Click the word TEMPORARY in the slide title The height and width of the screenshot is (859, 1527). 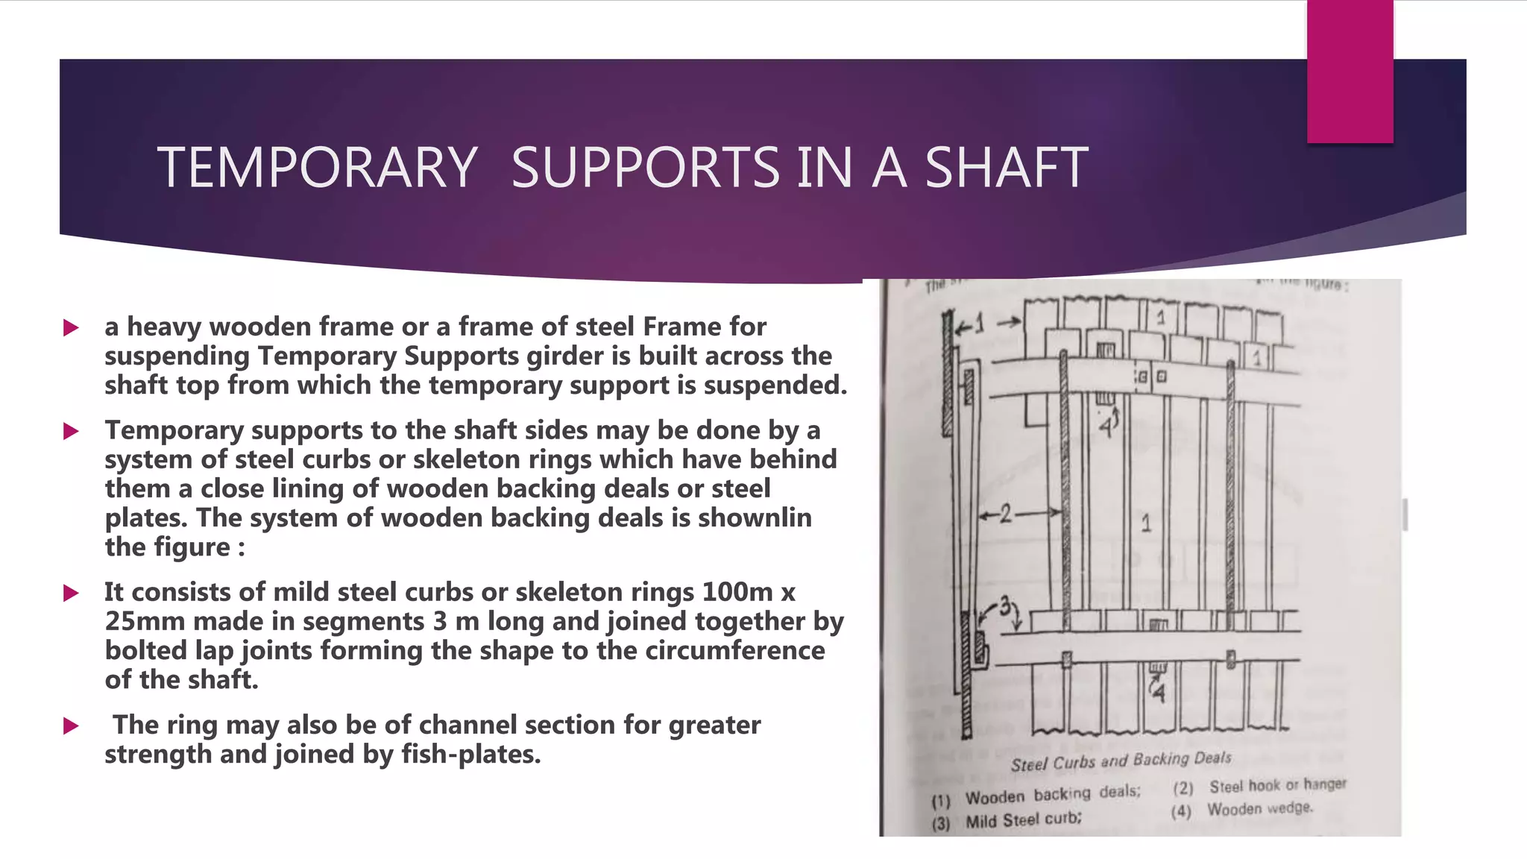pyautogui.click(x=317, y=167)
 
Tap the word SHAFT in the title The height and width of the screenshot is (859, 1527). pyautogui.click(x=1007, y=167)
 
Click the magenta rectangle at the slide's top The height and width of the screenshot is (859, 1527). pyautogui.click(x=1350, y=72)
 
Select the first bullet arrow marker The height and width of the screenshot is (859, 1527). pyautogui.click(x=72, y=327)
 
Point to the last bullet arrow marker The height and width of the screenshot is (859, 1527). pyautogui.click(x=72, y=726)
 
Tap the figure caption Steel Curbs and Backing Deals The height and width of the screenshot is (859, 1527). pyautogui.click(x=1121, y=761)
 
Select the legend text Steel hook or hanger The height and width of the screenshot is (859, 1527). pyautogui.click(x=1277, y=785)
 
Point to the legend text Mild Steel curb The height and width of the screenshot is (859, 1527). pyautogui.click(x=1023, y=820)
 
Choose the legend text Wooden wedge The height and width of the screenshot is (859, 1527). pyautogui.click(x=1259, y=808)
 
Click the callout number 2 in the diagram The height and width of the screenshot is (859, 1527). pyautogui.click(x=1005, y=514)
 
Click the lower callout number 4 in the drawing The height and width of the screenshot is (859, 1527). pyautogui.click(x=1158, y=693)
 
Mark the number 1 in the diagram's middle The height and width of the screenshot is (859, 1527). pyautogui.click(x=1146, y=523)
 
